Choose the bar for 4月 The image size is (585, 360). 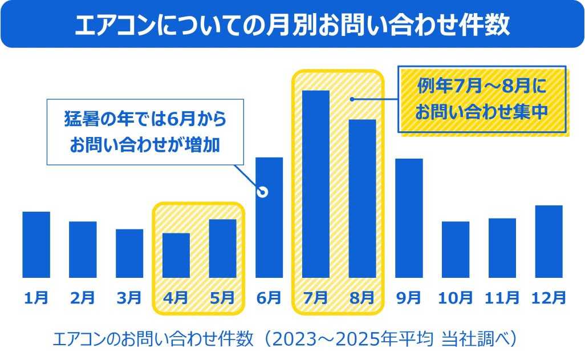click(x=176, y=255)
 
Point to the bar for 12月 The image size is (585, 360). click(x=549, y=241)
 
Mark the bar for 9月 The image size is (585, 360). click(x=409, y=218)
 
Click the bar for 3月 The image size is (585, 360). click(x=129, y=253)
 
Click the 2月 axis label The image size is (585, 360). click(x=83, y=297)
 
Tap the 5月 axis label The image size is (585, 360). click(x=222, y=297)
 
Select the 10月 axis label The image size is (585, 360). click(x=456, y=297)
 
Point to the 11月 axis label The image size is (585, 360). click(x=502, y=297)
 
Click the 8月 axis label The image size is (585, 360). click(x=362, y=297)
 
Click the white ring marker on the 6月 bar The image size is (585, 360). click(x=263, y=192)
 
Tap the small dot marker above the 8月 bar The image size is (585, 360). click(x=352, y=99)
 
